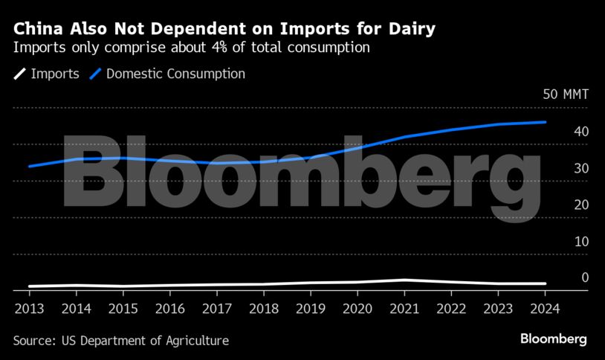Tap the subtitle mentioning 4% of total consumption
(192, 48)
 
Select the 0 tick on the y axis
(585, 278)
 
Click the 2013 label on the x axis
(29, 308)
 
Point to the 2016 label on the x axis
(169, 308)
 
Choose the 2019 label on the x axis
(311, 308)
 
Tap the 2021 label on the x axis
(404, 308)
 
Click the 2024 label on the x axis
(545, 308)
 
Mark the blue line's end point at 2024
(546, 122)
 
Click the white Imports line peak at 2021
(404, 280)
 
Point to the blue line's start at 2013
(29, 167)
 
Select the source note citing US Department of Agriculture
(120, 341)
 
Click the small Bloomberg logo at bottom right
(553, 339)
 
